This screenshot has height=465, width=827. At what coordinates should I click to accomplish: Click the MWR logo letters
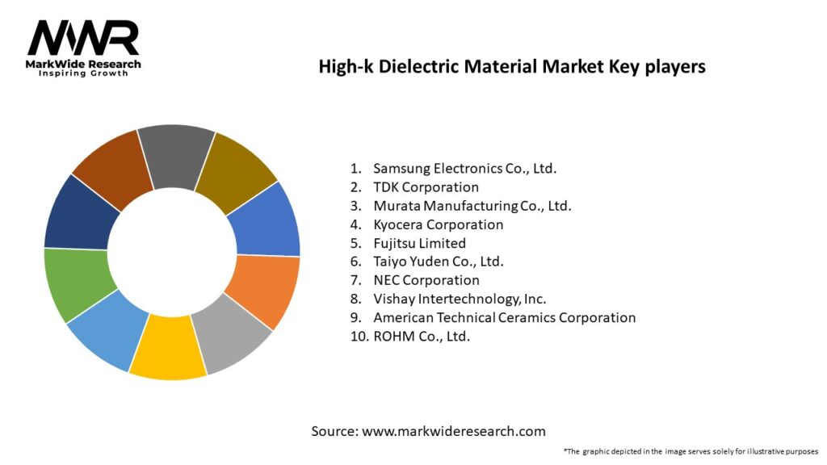point(83,38)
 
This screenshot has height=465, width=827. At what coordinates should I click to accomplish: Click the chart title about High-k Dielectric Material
point(512,67)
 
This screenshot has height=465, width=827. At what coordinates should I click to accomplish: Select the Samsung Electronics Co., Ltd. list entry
point(464,169)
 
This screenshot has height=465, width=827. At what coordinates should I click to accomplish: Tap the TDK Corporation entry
point(426,187)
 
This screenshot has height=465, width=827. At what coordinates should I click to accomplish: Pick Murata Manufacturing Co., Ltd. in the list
point(472,206)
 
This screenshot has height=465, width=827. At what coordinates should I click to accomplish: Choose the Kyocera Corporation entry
point(438,224)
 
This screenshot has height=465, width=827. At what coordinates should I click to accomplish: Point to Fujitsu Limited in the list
point(419,243)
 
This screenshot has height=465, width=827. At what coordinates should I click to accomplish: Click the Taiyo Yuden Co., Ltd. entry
point(438,262)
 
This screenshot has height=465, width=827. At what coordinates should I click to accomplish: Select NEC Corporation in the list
point(426,280)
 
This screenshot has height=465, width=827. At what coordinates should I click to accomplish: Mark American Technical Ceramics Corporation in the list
point(504,317)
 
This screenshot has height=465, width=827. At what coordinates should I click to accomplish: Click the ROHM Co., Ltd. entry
point(421,336)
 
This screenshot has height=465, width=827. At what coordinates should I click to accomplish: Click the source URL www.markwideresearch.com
point(453,431)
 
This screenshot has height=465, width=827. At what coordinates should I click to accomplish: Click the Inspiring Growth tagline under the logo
point(83,73)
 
